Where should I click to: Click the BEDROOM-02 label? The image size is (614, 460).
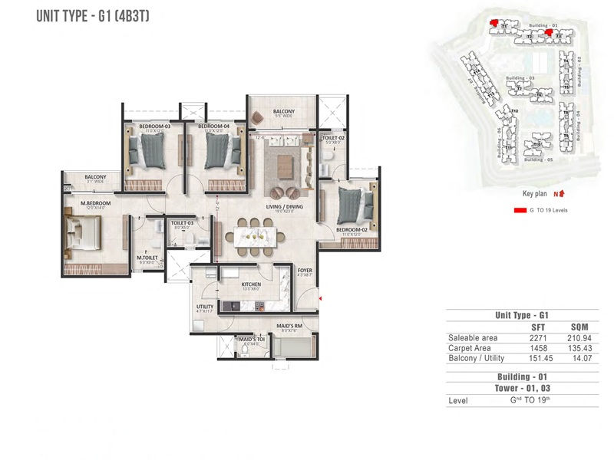tap(349, 229)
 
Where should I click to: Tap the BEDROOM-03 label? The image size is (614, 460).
tap(154, 126)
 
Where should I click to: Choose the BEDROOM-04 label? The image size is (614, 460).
tap(214, 126)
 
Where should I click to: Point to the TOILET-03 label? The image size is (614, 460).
tap(181, 222)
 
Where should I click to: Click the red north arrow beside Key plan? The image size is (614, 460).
tap(562, 194)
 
